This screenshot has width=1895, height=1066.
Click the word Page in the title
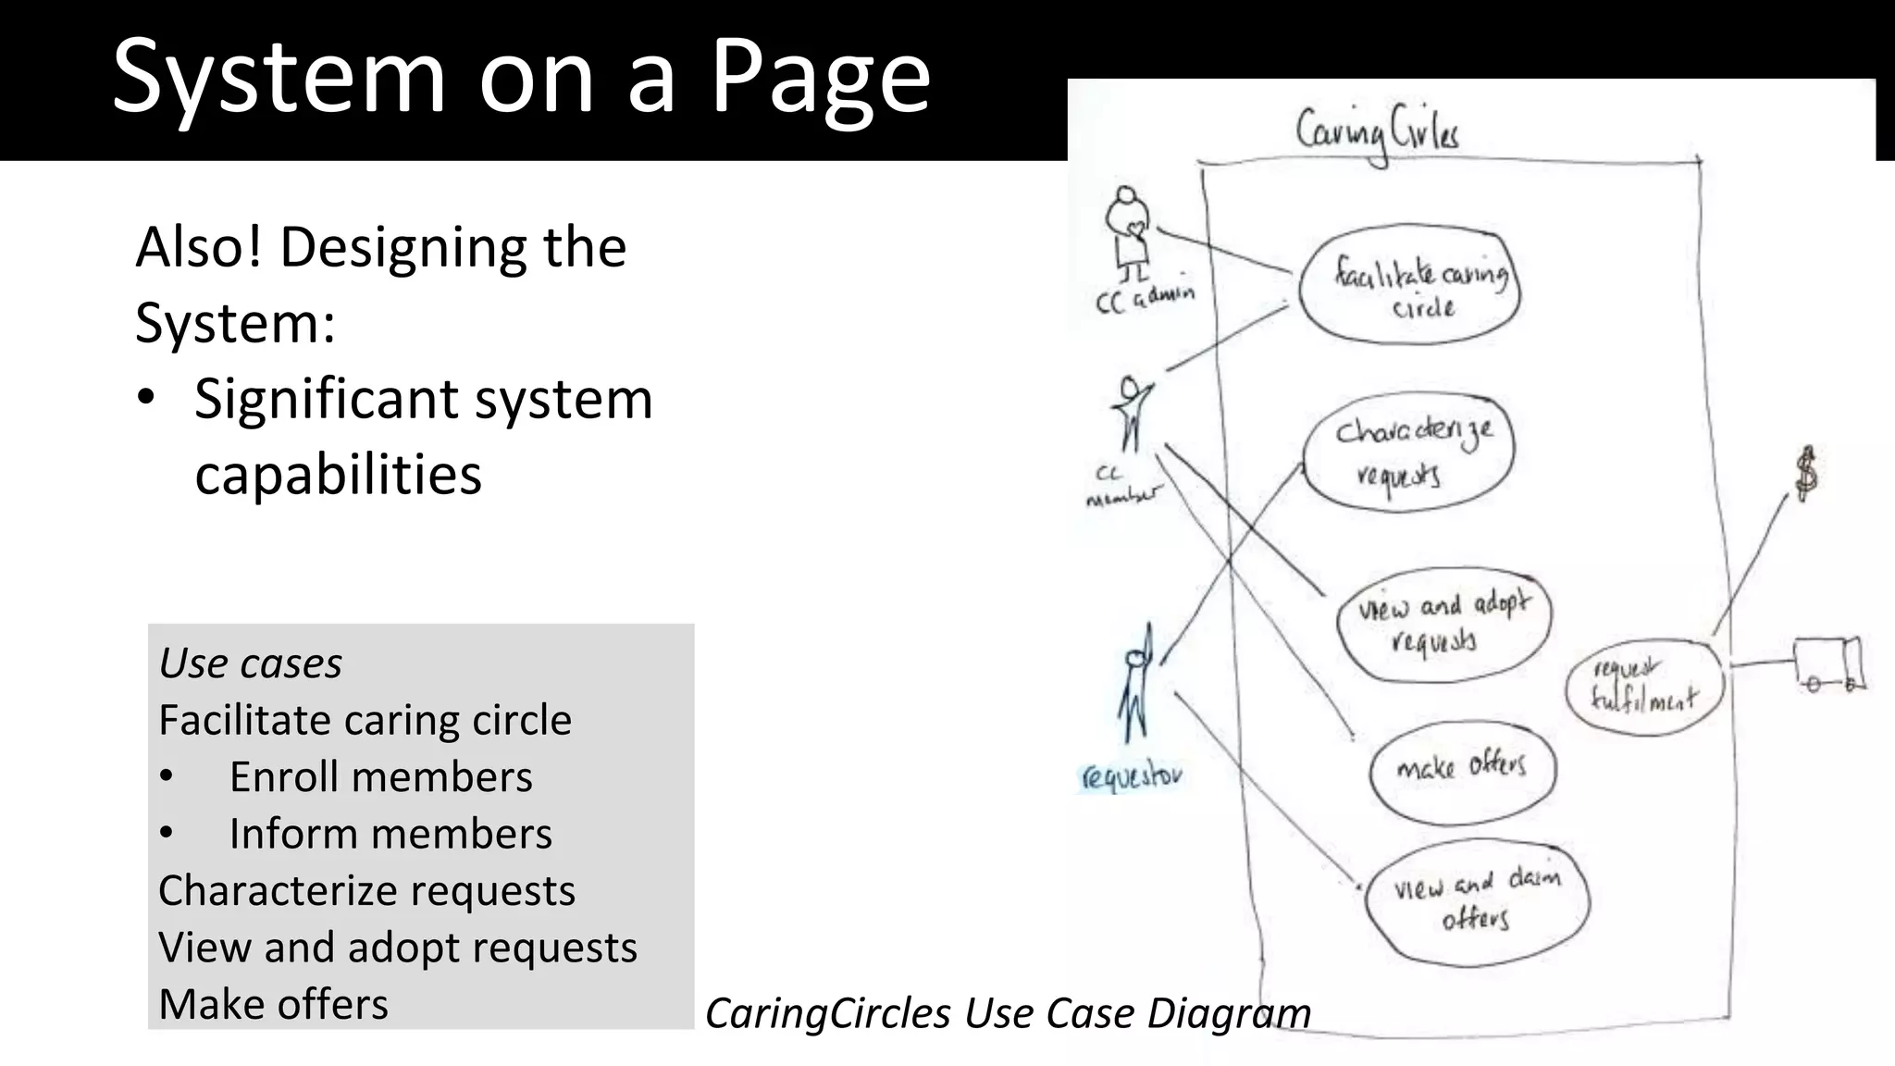pos(820,79)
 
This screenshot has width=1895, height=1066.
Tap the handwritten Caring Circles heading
pos(1377,132)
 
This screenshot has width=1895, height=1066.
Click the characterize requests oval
pos(1408,452)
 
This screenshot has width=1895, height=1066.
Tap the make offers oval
pos(1462,770)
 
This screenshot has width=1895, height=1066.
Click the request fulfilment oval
pos(1645,687)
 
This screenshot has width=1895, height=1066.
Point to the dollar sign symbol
pos(1806,474)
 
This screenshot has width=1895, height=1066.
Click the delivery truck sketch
pos(1829,663)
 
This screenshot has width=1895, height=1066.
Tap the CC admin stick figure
pos(1128,232)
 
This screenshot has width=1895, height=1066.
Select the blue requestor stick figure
pos(1135,685)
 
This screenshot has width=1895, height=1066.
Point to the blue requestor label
pos(1131,775)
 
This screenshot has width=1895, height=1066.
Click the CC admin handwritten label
pos(1145,298)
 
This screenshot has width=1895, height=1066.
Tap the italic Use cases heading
pos(250,663)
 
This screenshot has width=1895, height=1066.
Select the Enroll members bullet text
pos(380,777)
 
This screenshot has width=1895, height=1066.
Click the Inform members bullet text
pos(390,834)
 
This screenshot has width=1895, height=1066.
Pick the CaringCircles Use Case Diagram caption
pos(1008,1013)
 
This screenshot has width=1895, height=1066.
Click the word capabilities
pos(338,475)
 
